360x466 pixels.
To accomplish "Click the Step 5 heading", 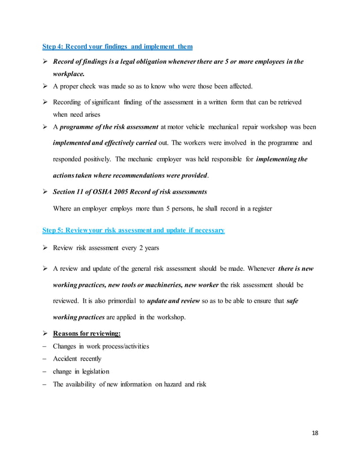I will pos(134,230).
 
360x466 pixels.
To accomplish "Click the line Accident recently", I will pos(77,358).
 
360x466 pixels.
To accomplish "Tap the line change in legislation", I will pos(81,371).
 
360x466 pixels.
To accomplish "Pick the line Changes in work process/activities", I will pos(101,346).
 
